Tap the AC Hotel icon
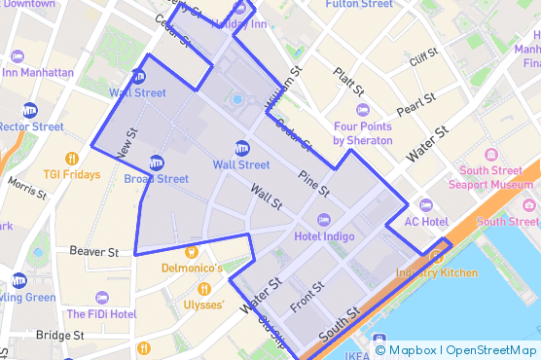pyautogui.click(x=425, y=204)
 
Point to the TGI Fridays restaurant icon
pyautogui.click(x=72, y=159)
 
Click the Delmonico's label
pyautogui.click(x=193, y=268)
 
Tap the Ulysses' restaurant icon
pyautogui.click(x=204, y=289)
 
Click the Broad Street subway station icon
pyautogui.click(x=157, y=162)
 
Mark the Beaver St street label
pyautogui.click(x=94, y=251)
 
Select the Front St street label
pyautogui.click(x=307, y=295)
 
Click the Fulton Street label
pyautogui.click(x=359, y=5)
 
